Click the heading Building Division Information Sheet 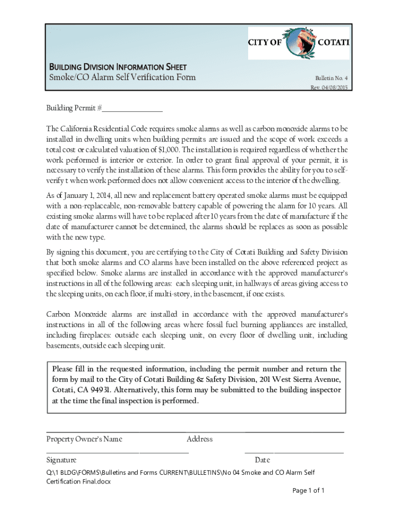point(117,67)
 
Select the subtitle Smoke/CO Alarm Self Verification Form point(122,77)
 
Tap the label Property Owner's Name point(84,439)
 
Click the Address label point(200,439)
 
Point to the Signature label point(61,460)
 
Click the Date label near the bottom point(262,460)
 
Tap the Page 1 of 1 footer point(309,491)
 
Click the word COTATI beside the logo point(334,43)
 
